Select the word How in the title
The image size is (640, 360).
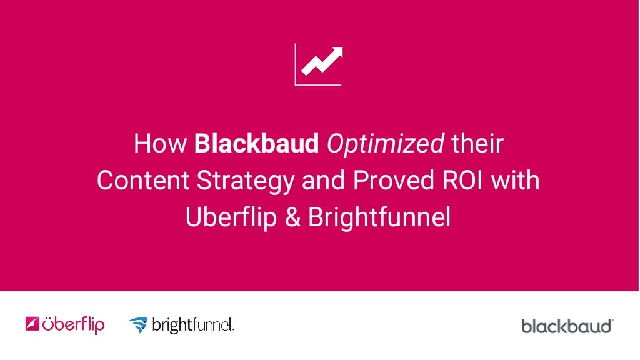(160, 144)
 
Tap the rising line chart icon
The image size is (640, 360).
(318, 64)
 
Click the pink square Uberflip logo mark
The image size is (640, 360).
(32, 324)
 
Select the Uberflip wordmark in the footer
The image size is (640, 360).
(74, 325)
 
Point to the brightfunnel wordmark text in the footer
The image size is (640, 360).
(192, 325)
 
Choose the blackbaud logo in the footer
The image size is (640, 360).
(567, 326)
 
